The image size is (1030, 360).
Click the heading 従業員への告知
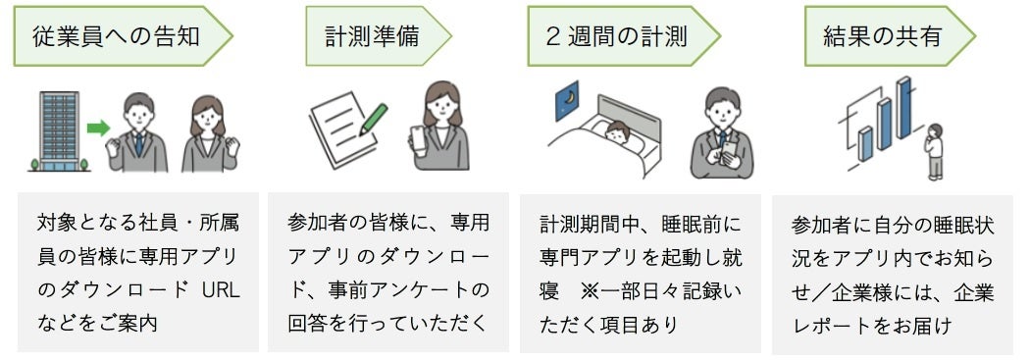(x=117, y=37)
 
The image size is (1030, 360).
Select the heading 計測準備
(x=372, y=37)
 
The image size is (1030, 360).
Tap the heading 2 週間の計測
(x=616, y=37)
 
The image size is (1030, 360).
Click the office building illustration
(x=60, y=130)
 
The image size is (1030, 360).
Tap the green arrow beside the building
(x=98, y=128)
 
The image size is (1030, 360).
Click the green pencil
(x=373, y=120)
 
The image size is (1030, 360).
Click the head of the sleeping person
(x=617, y=130)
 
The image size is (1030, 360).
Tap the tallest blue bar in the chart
(x=904, y=108)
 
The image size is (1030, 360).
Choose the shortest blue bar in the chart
(x=865, y=143)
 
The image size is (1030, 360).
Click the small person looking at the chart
(x=934, y=152)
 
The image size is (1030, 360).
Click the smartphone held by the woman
(x=419, y=139)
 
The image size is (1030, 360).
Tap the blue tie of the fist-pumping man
(x=139, y=142)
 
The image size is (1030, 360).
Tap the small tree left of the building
(x=34, y=164)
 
